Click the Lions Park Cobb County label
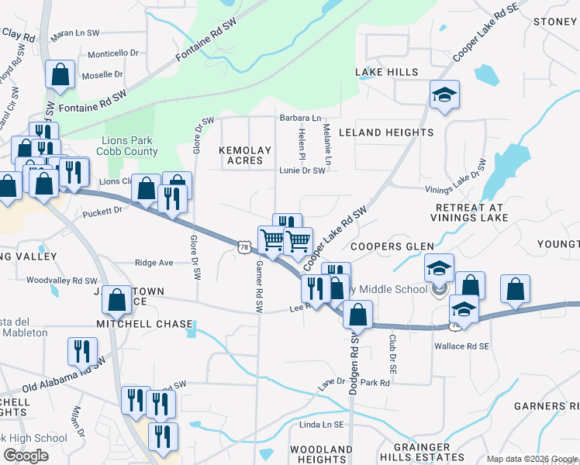(x=131, y=146)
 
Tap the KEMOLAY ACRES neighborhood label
(x=245, y=155)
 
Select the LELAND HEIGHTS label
(x=385, y=133)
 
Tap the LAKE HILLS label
(x=387, y=72)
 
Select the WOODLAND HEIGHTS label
(x=321, y=454)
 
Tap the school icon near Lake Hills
(x=444, y=95)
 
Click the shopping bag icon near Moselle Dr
(x=60, y=75)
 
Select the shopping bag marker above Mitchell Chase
(x=116, y=300)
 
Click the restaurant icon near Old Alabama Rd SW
(x=81, y=350)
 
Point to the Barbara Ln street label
(x=301, y=119)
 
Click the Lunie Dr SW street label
(x=302, y=171)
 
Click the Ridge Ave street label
(x=154, y=263)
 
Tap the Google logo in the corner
(x=26, y=456)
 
